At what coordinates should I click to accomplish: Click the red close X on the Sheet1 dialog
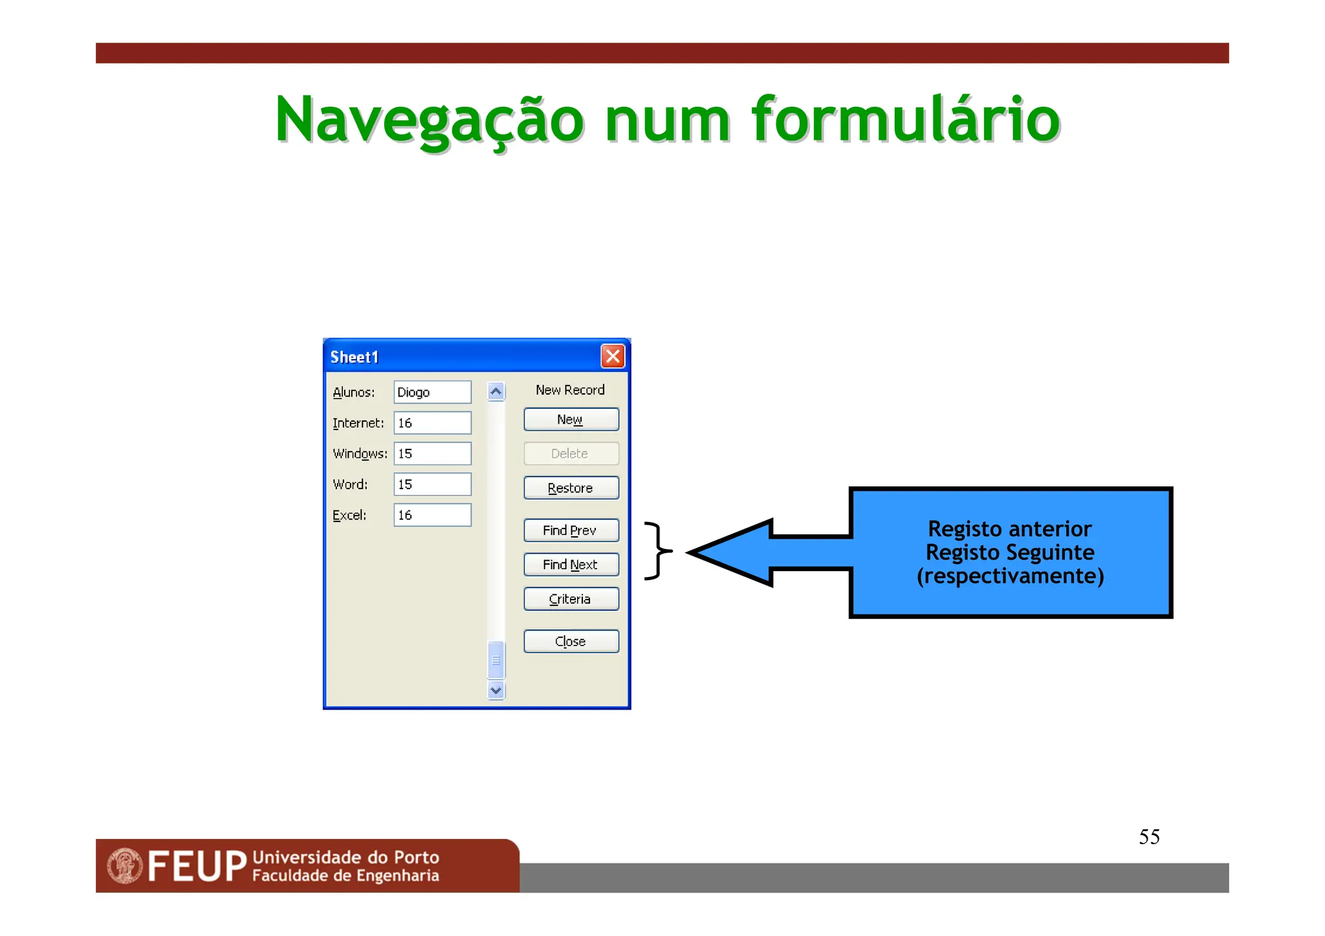tap(612, 356)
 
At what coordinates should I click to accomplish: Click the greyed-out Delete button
tap(571, 453)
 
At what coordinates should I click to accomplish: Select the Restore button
tap(571, 488)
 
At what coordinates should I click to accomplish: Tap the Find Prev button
tap(571, 530)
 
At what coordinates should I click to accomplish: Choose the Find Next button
tap(571, 565)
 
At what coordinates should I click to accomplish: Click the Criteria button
tap(571, 599)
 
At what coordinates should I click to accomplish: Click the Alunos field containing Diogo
tap(432, 392)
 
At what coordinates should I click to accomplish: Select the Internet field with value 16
tap(432, 423)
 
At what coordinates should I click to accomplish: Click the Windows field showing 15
tap(432, 453)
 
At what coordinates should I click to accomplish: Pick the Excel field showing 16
tap(432, 515)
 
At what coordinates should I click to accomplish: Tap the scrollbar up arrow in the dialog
tap(496, 391)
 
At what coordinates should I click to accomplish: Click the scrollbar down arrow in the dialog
tap(496, 690)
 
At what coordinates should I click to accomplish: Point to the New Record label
tap(570, 390)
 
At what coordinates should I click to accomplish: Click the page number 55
tap(1149, 837)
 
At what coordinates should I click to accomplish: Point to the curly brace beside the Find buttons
tap(658, 550)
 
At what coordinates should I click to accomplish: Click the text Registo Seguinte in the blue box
tap(1010, 552)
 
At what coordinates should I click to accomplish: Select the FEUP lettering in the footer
tap(197, 866)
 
